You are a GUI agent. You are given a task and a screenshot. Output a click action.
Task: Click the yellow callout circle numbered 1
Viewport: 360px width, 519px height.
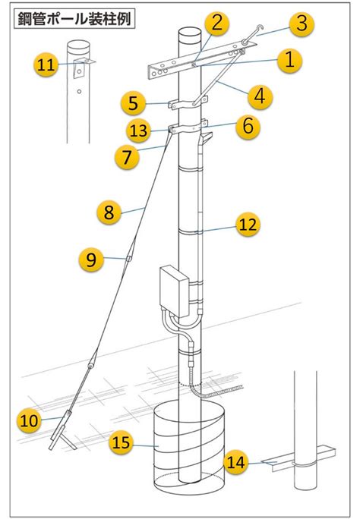289,60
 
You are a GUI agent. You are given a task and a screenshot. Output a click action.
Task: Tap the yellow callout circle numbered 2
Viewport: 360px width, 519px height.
216,24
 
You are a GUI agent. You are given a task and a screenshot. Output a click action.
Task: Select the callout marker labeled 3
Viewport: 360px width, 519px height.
302,24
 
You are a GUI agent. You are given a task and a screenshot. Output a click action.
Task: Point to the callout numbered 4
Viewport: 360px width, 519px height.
260,96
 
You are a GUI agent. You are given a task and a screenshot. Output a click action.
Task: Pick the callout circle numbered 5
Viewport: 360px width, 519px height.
133,103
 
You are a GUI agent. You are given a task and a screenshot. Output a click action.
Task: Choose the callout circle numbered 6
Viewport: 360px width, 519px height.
248,126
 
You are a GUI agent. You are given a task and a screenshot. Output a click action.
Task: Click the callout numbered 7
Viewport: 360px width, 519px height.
127,156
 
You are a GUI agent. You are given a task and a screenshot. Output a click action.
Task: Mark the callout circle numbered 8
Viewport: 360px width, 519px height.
109,212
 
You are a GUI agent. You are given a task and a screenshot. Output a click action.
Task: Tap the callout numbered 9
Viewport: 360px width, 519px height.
91,259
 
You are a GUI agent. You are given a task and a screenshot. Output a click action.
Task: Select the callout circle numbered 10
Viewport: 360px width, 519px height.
29,420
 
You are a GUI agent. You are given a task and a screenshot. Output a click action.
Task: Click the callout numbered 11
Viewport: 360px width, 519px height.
46,64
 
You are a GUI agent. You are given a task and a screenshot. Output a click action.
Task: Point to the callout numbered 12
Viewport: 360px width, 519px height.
248,225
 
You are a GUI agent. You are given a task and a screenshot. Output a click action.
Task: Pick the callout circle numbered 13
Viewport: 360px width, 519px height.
138,131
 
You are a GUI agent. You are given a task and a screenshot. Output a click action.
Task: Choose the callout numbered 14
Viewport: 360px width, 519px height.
235,462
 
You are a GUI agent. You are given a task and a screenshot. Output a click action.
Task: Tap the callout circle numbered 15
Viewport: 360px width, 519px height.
121,442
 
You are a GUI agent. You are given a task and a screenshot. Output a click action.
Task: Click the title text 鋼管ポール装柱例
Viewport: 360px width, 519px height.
74,19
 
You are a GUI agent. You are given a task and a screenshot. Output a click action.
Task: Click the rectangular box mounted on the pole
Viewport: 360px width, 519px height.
174,291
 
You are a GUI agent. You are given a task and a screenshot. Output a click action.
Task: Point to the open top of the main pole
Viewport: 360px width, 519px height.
190,33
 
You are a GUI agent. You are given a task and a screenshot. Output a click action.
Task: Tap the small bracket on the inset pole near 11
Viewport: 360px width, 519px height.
81,68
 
